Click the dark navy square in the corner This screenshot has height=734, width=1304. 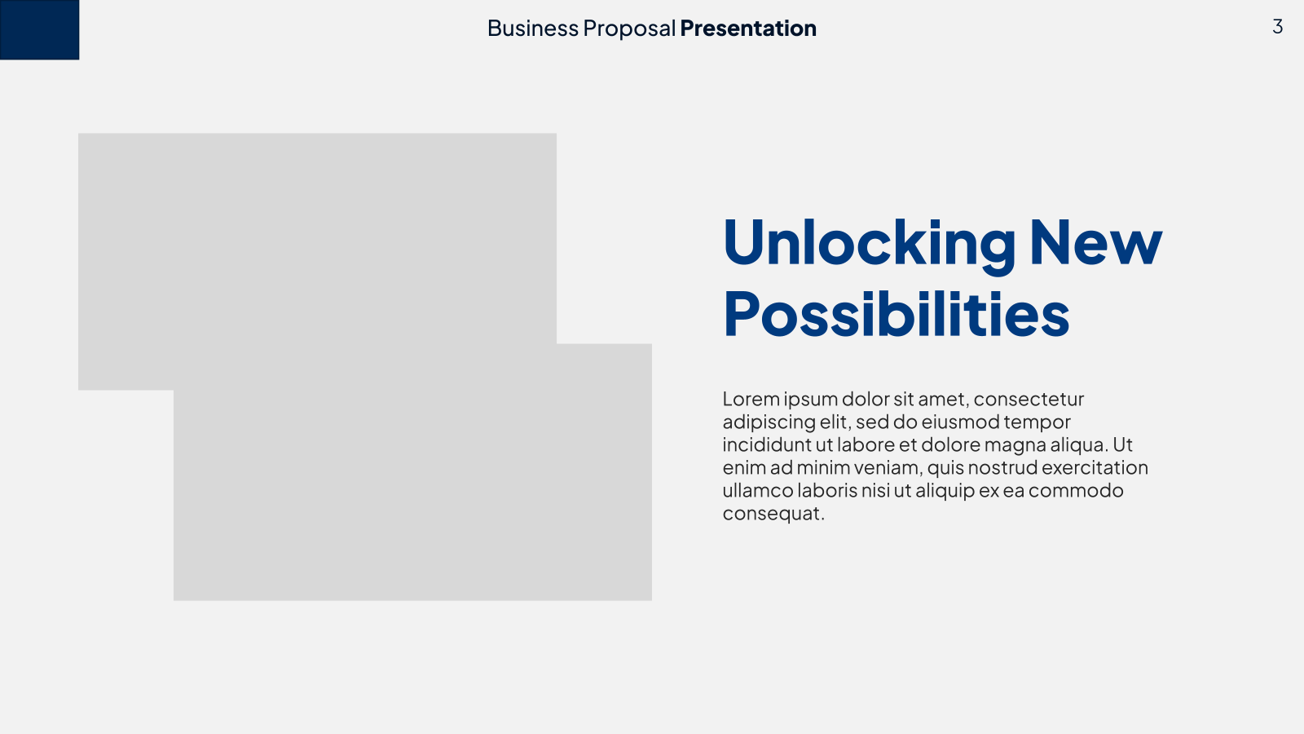click(40, 29)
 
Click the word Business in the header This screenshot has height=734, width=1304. click(533, 28)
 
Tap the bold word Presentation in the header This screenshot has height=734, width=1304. click(748, 29)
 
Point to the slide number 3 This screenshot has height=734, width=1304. click(1277, 27)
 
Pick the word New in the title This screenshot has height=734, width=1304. click(1096, 242)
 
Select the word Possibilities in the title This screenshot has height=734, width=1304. click(896, 314)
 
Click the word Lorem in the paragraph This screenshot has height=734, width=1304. click(751, 399)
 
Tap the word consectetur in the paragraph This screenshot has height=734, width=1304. click(1029, 400)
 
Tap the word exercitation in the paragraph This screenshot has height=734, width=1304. click(1095, 468)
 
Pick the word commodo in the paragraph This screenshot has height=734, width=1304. click(1076, 490)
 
